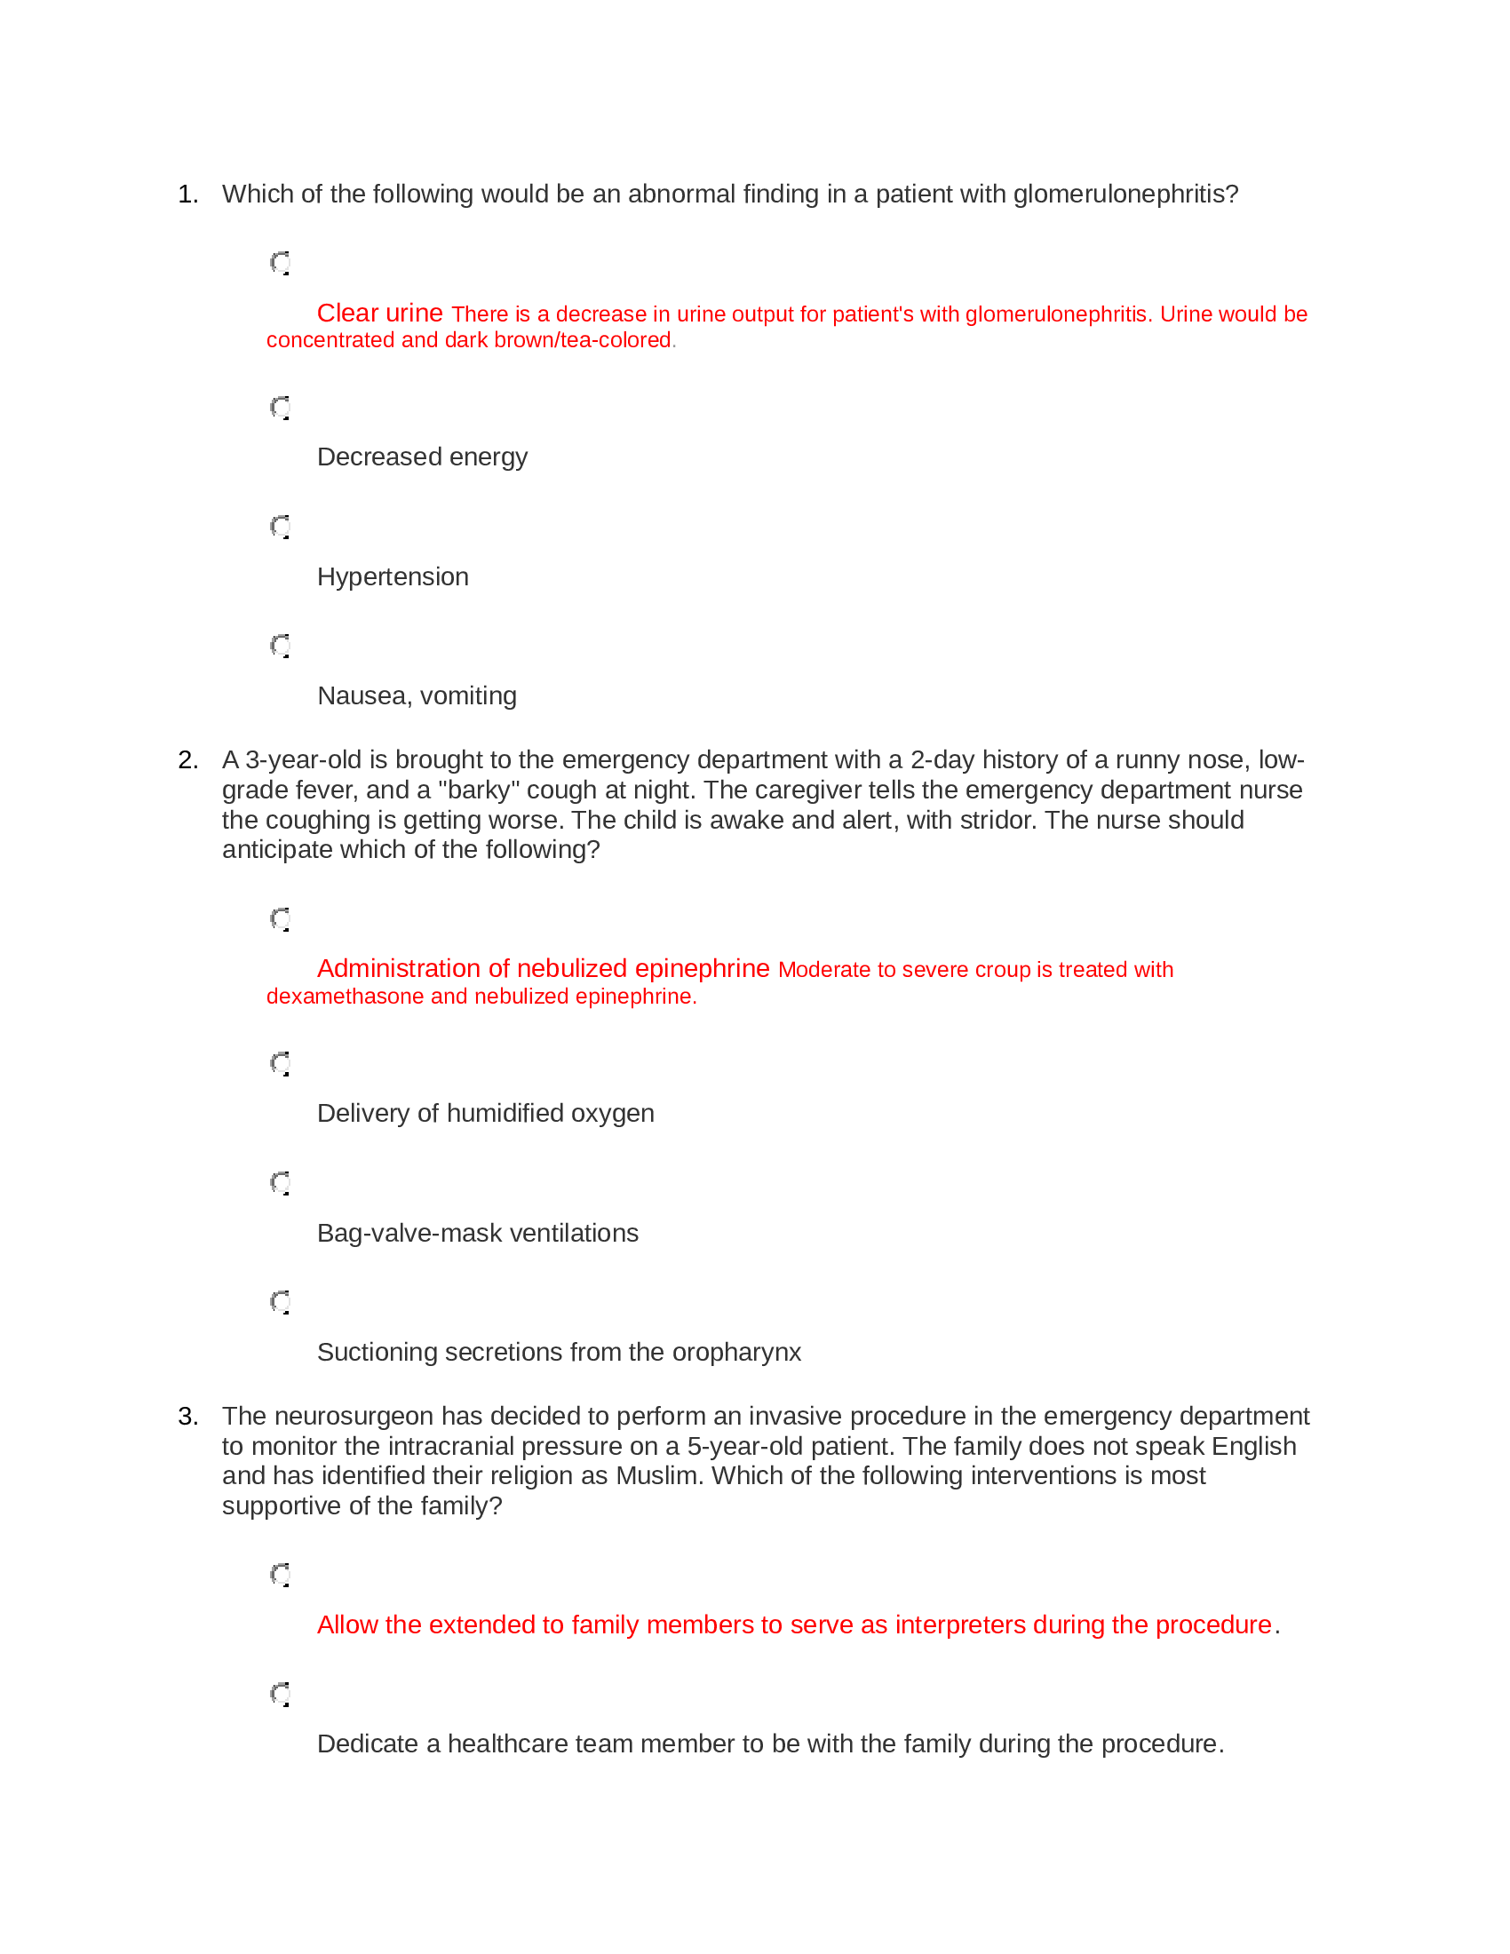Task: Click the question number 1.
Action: (x=187, y=195)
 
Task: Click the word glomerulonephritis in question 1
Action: (x=1125, y=195)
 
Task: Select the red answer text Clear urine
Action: (x=379, y=314)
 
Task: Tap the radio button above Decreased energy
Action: (x=281, y=408)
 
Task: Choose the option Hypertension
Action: (x=393, y=577)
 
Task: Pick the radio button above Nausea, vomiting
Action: (x=281, y=646)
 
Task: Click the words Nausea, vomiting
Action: (x=417, y=696)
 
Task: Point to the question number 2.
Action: (x=187, y=760)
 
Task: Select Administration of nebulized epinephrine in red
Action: (x=543, y=969)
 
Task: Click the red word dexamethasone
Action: (x=346, y=997)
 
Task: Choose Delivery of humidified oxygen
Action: (x=485, y=1114)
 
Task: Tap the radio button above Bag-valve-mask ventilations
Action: (x=281, y=1183)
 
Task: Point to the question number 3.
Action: (x=187, y=1418)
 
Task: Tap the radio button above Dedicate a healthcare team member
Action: (x=281, y=1695)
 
